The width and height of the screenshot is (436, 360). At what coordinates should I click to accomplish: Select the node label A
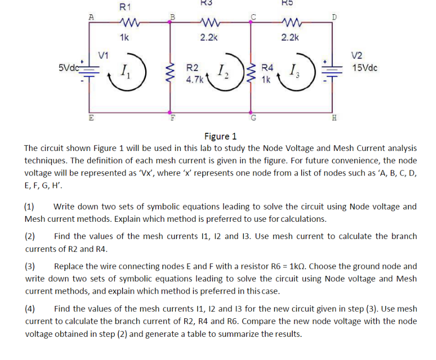[91, 16]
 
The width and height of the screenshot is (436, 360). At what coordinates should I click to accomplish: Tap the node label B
[172, 19]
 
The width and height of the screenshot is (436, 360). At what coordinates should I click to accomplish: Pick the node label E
[91, 117]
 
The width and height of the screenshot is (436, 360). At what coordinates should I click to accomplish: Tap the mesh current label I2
[222, 74]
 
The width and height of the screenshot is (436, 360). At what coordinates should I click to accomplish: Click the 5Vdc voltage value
[68, 67]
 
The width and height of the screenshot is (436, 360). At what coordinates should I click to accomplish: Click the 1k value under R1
[124, 37]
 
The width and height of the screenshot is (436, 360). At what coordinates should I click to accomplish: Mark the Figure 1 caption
[220, 136]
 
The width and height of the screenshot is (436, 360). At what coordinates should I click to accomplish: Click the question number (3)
[30, 267]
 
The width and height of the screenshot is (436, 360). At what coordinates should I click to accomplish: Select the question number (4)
[30, 309]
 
